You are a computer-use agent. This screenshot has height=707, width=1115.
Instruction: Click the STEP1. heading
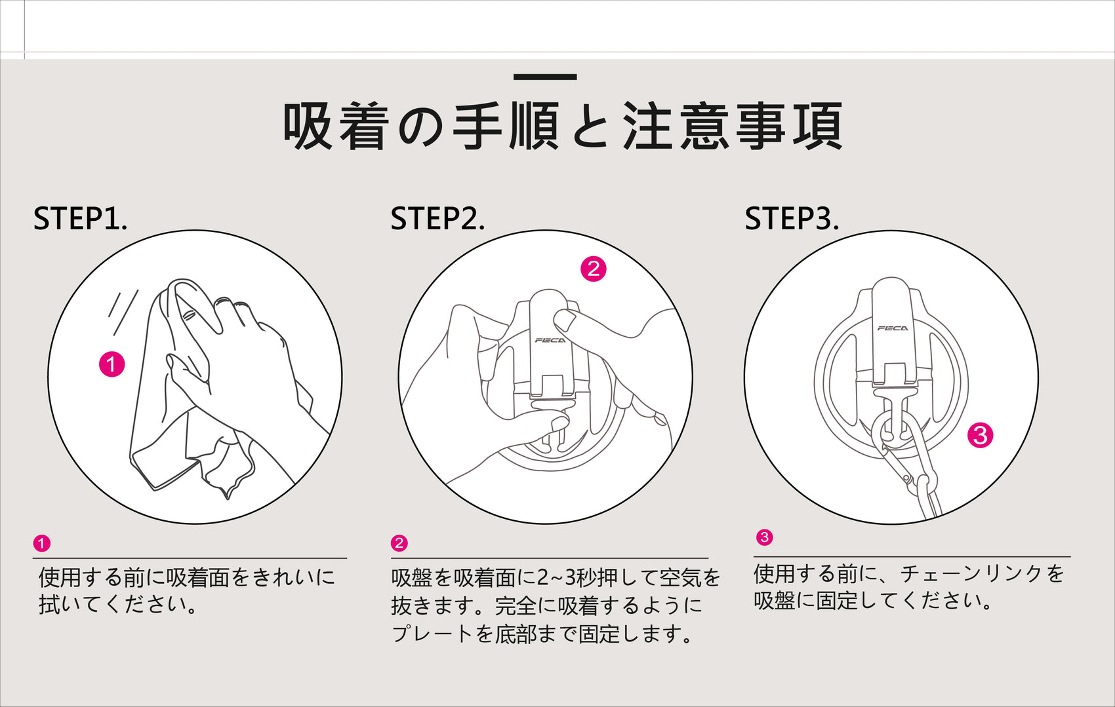click(80, 219)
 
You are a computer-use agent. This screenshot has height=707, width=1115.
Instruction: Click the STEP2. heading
click(437, 219)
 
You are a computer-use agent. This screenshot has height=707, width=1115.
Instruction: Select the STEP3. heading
click(792, 219)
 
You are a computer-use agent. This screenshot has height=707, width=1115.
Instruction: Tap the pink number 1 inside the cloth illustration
click(112, 364)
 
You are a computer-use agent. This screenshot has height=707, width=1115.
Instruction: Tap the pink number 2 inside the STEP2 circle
click(594, 269)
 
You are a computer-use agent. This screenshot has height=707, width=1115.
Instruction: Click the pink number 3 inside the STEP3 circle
click(980, 435)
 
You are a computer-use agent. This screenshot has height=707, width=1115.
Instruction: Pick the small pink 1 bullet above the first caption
click(42, 543)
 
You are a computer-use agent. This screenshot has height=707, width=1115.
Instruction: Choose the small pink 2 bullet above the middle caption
click(399, 543)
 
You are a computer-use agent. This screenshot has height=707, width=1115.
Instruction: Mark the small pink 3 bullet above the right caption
click(765, 537)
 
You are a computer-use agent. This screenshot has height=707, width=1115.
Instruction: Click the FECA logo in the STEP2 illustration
click(550, 341)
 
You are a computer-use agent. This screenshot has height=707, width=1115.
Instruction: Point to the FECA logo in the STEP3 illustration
click(893, 328)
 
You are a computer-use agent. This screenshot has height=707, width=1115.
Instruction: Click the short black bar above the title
click(545, 77)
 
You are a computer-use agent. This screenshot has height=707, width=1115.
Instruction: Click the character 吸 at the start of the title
click(308, 126)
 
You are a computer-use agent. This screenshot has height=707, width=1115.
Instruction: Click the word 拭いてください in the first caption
click(113, 604)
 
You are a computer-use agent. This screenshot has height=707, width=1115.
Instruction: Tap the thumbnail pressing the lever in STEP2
click(564, 320)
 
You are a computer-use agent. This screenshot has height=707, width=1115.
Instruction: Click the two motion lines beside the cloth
click(123, 313)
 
